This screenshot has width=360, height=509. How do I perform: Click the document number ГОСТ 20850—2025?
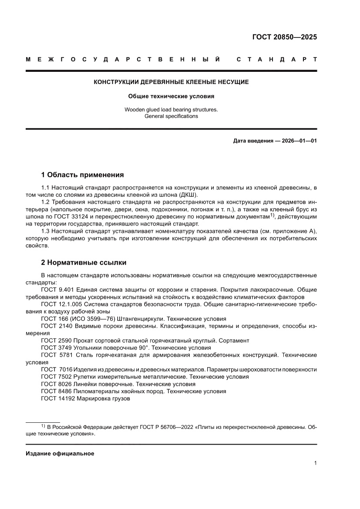click(285, 37)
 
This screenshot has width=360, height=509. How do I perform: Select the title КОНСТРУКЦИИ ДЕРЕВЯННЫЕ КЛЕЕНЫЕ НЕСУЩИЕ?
click(171, 82)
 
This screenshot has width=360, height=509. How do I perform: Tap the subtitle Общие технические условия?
click(171, 96)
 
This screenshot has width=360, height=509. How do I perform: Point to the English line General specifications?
click(171, 116)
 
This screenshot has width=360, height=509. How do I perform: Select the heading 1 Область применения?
click(82, 175)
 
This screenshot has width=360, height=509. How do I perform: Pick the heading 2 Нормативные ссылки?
click(84, 263)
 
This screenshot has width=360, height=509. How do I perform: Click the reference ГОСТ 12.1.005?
click(61, 304)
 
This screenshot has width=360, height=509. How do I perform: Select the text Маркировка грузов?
click(103, 398)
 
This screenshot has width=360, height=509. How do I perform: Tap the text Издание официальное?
click(60, 453)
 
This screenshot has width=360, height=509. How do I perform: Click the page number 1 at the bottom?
click(315, 463)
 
